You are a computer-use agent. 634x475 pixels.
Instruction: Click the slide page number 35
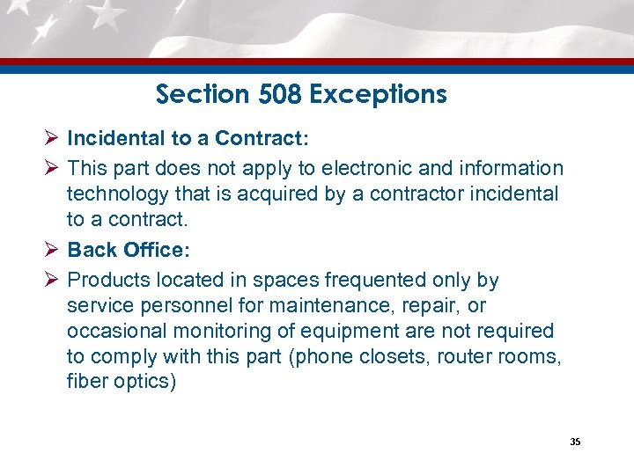pyautogui.click(x=575, y=442)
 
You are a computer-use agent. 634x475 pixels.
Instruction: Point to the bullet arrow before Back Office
pyautogui.click(x=51, y=250)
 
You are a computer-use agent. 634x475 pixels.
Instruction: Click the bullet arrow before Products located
pyautogui.click(x=51, y=280)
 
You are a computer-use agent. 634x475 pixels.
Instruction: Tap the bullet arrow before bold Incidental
pyautogui.click(x=51, y=138)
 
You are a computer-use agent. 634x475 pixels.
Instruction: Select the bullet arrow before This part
pyautogui.click(x=51, y=167)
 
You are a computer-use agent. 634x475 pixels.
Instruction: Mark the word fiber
pyautogui.click(x=85, y=383)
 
